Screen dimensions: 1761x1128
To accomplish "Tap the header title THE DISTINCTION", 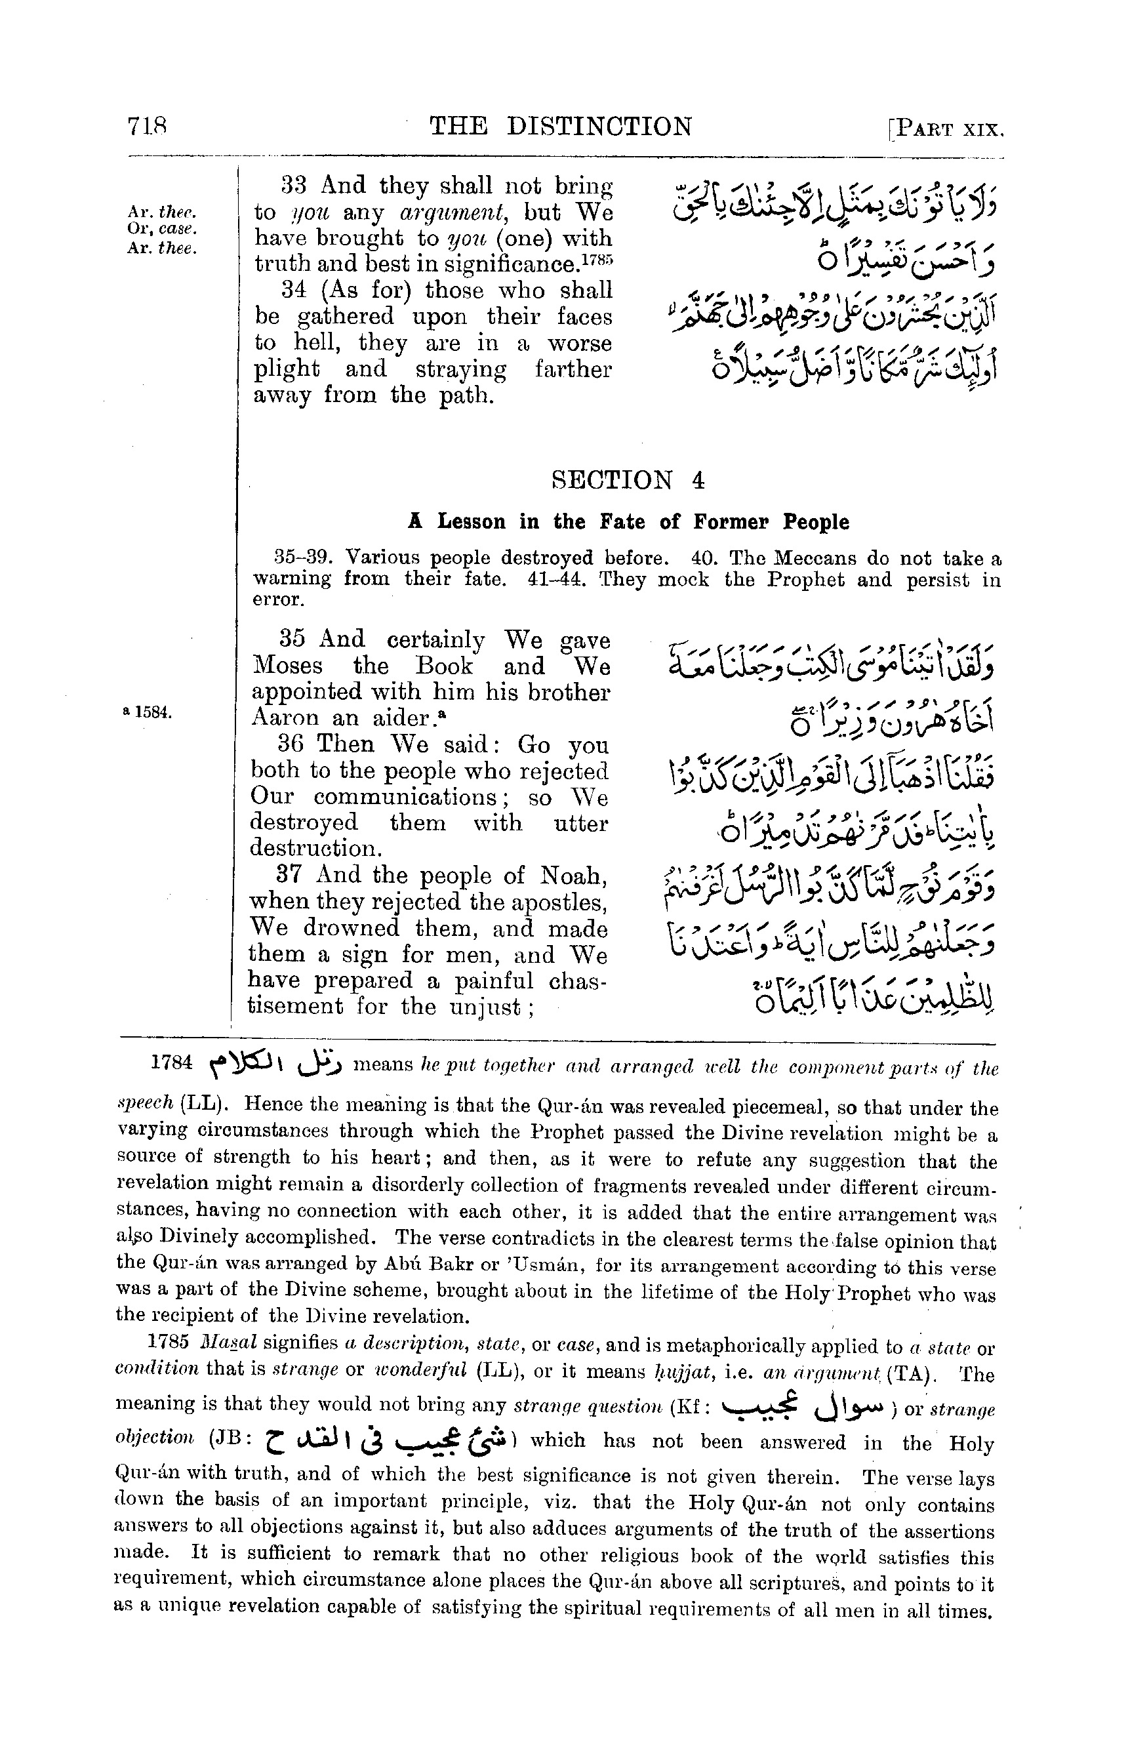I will pyautogui.click(x=560, y=127).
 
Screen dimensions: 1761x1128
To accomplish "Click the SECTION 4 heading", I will pyautogui.click(x=628, y=481).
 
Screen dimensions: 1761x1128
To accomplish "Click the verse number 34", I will pyautogui.click(x=296, y=290).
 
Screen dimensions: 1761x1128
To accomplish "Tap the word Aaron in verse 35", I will pyautogui.click(x=283, y=718).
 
